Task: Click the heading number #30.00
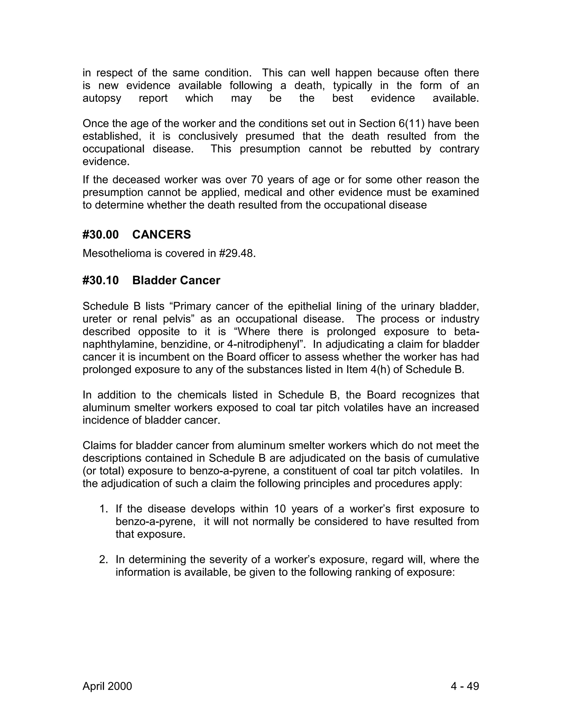click(100, 235)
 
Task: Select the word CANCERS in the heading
click(161, 235)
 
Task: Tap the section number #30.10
click(100, 280)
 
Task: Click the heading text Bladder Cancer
click(176, 280)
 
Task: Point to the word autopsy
click(102, 98)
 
